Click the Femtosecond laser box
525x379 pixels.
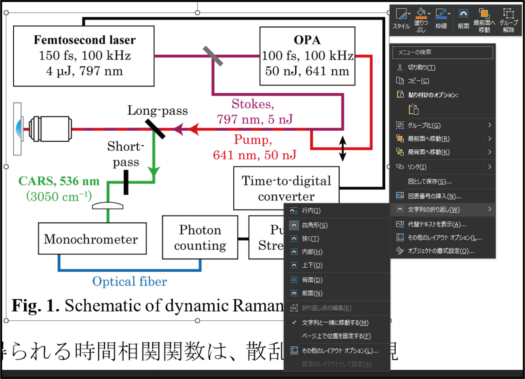pos(84,56)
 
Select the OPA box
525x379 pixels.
pos(307,56)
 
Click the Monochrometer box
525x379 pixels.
pos(92,239)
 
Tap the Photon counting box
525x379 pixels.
pos(200,238)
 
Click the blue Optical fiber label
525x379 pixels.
pos(130,281)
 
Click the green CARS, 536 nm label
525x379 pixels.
pos(59,181)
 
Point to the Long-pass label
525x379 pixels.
pos(157,110)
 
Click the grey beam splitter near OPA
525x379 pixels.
pos(213,56)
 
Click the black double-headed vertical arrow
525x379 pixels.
pos(343,149)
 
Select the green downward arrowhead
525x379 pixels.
pos(154,171)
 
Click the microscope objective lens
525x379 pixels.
pos(50,129)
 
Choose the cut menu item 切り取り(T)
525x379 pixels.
pos(421,68)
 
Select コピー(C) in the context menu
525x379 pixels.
pos(418,81)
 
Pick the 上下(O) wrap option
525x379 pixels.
pos(312,265)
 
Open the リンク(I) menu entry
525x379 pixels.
pos(417,167)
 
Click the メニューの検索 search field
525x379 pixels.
pos(442,52)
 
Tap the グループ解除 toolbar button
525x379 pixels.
pos(508,20)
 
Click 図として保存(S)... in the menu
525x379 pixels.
pos(430,182)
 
